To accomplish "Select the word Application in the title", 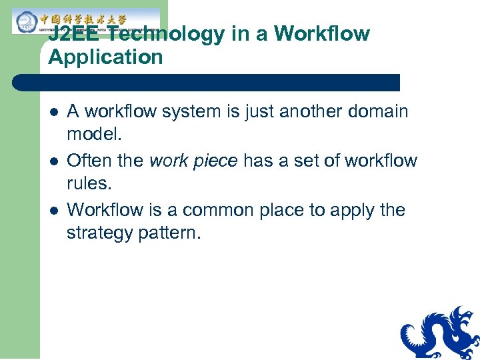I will click(105, 57).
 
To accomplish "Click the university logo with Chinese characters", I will click(85, 21).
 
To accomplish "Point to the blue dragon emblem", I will click(440, 333).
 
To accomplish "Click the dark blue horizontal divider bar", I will click(207, 83).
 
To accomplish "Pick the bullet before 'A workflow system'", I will click(53, 112).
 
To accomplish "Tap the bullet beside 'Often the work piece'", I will click(53, 161).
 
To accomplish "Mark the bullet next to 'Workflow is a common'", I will click(53, 211).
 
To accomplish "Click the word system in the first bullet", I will click(200, 111).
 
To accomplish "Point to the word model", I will click(94, 133).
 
